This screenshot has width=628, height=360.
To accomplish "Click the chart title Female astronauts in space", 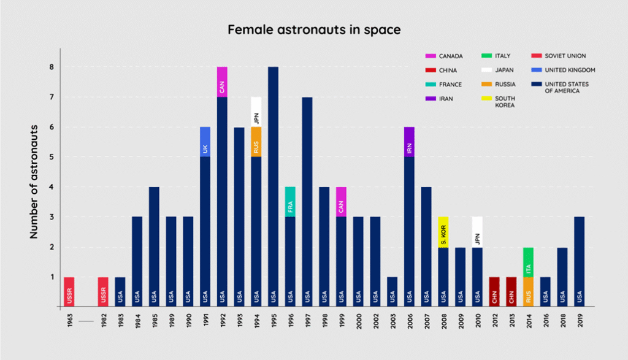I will [313, 29].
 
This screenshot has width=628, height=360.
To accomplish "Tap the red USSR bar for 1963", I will [69, 292].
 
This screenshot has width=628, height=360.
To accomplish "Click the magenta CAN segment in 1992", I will [222, 82].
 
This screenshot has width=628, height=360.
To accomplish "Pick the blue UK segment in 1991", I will [205, 142].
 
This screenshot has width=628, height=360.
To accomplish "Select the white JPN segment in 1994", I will [256, 112].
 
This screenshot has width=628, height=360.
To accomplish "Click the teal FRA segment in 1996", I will [290, 202].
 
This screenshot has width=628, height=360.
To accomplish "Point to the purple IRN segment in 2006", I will [410, 142].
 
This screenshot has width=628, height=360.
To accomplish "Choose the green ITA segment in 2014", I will [529, 262].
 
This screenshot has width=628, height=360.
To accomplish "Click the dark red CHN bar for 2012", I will [495, 292].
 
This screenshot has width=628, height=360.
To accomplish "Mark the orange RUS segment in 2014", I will [529, 292].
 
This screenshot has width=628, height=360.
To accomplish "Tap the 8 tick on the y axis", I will [52, 67].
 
